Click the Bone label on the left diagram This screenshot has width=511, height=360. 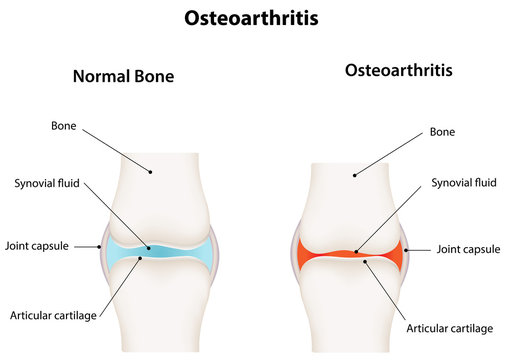tap(66, 126)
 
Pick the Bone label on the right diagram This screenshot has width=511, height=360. tap(442, 132)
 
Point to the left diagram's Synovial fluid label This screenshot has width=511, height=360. tap(47, 183)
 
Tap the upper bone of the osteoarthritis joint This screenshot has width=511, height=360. tap(351, 200)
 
